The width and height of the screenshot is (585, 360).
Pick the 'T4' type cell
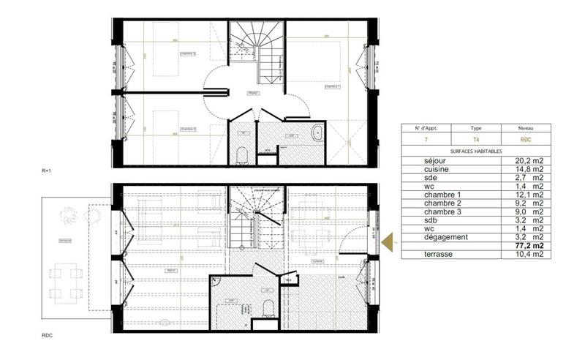pyautogui.click(x=476, y=138)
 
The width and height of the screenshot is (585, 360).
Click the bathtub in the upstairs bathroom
pyautogui.click(x=318, y=133)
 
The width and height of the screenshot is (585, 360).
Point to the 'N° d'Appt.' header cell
pyautogui.click(x=426, y=127)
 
